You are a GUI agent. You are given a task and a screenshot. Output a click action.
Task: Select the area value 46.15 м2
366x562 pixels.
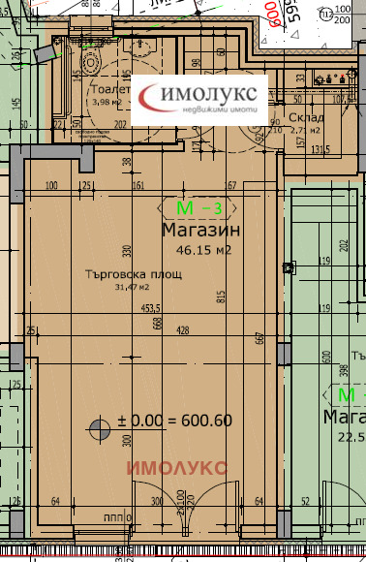point(201,250)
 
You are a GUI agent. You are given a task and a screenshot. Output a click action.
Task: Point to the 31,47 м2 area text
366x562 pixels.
point(133,287)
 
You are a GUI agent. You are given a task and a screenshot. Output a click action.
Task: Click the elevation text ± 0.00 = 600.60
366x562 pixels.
point(174,421)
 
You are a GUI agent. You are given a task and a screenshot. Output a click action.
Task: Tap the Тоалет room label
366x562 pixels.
point(107,87)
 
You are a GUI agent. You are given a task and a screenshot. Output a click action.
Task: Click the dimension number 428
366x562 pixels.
point(183,330)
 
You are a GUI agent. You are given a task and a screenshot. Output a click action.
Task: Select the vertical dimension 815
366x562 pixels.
point(220,296)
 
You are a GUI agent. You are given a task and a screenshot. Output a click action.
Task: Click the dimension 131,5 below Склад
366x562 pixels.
point(320,149)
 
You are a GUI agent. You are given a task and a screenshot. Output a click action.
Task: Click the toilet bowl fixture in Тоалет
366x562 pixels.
point(92,60)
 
